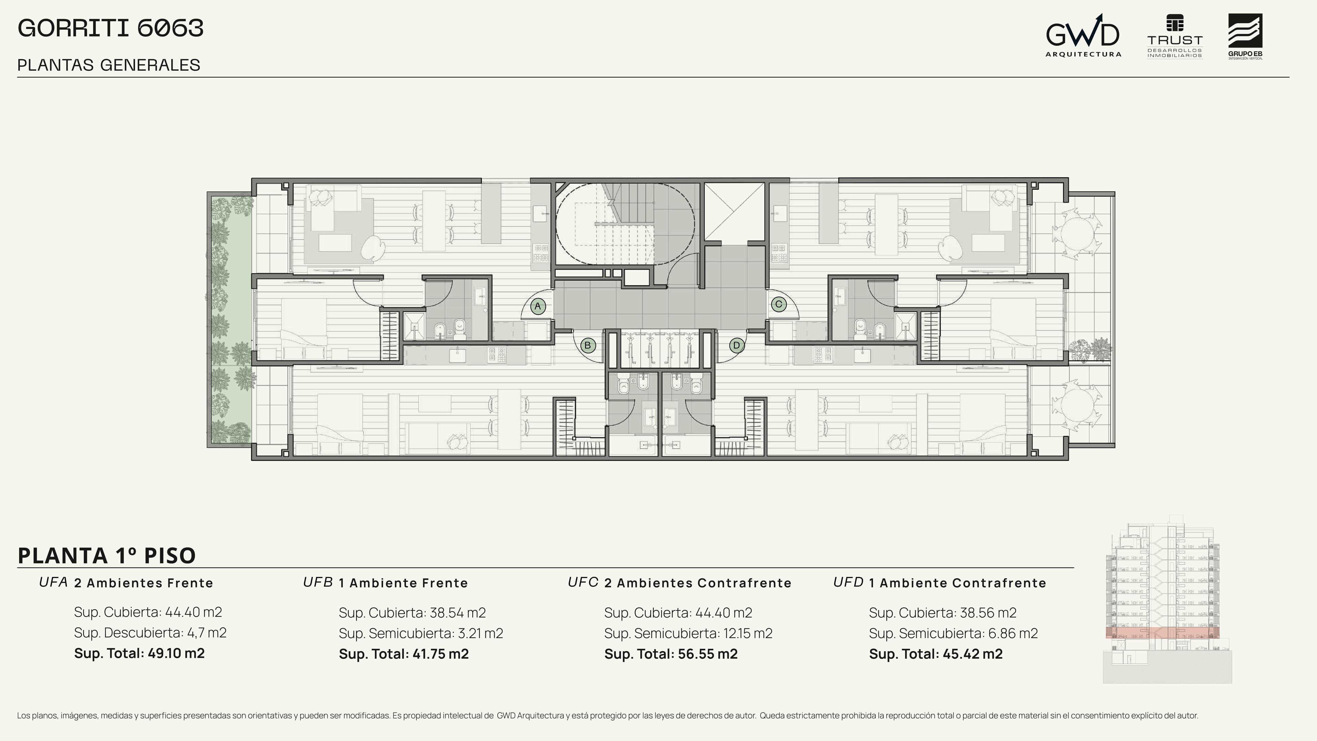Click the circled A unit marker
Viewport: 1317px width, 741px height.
(x=537, y=306)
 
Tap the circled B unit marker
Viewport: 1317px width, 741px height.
(x=588, y=345)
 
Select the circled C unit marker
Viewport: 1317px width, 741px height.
(x=779, y=304)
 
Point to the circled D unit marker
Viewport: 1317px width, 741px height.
(x=737, y=345)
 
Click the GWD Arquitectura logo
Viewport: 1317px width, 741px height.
(x=1083, y=36)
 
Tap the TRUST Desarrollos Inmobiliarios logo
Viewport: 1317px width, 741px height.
(x=1175, y=37)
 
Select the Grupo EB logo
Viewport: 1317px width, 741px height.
(x=1245, y=37)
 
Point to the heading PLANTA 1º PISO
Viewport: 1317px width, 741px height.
(x=107, y=555)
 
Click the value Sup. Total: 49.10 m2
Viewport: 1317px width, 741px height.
(x=139, y=653)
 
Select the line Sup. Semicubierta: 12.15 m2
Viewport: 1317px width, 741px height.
(x=688, y=633)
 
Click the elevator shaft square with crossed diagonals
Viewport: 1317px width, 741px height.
(x=734, y=212)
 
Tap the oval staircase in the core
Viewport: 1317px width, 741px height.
(x=625, y=223)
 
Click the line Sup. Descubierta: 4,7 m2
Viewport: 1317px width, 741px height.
(x=150, y=633)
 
